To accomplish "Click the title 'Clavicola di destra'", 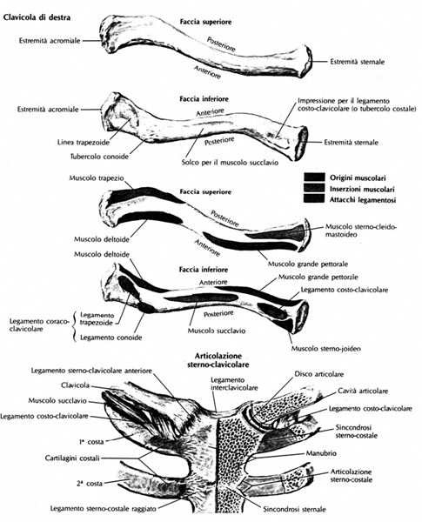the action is pyautogui.click(x=37, y=17).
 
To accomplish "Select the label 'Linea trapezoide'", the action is pyautogui.click(x=84, y=143).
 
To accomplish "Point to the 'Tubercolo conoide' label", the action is pyautogui.click(x=99, y=157).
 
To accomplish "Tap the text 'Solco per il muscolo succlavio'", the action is pyautogui.click(x=231, y=163).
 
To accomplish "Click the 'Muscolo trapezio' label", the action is pyautogui.click(x=97, y=177).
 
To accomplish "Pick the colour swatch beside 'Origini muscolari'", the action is pyautogui.click(x=314, y=177).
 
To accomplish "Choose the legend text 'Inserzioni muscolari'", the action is pyautogui.click(x=362, y=189).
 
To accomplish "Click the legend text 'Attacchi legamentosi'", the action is pyautogui.click(x=363, y=200).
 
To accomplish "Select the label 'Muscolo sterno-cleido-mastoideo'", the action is pyautogui.click(x=361, y=231).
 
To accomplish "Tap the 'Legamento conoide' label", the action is pyautogui.click(x=111, y=338).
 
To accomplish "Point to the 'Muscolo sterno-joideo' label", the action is pyautogui.click(x=326, y=349).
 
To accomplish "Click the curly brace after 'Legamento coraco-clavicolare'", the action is pyautogui.click(x=75, y=326).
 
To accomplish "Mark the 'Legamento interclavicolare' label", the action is pyautogui.click(x=234, y=384).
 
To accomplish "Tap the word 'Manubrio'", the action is pyautogui.click(x=321, y=453).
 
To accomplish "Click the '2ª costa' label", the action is pyautogui.click(x=90, y=484).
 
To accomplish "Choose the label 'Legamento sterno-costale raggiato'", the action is pyautogui.click(x=104, y=508).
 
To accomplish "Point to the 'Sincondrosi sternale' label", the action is pyautogui.click(x=294, y=509).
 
